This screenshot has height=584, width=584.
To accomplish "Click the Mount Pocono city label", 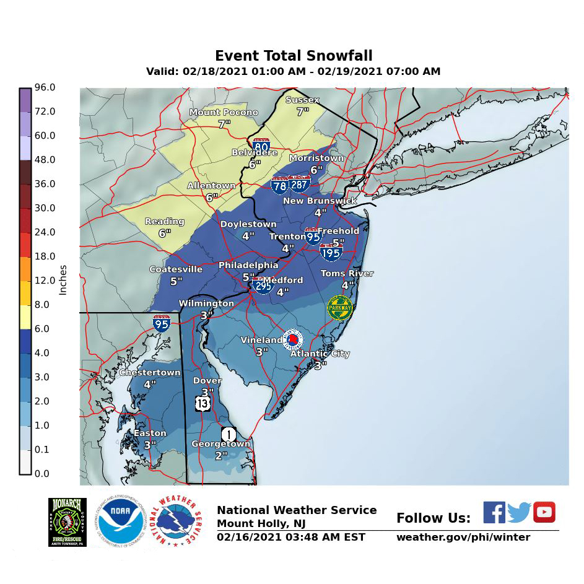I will (x=224, y=113).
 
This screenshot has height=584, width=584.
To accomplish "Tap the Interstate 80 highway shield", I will (x=261, y=147).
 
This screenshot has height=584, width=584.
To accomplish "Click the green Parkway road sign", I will (x=340, y=308).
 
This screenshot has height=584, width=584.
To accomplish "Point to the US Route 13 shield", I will (x=203, y=403).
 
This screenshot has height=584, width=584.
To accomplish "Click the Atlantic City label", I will (x=320, y=354).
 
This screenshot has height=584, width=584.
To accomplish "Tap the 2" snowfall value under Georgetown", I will (x=221, y=455).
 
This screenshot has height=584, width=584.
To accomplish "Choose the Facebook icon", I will (x=494, y=512).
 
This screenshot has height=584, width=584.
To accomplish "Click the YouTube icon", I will (x=544, y=512).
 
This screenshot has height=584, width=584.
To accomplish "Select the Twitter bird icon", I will (x=519, y=513).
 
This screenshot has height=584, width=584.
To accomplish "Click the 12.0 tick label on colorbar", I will (x=45, y=281).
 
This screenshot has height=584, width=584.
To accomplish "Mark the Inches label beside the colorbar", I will (x=63, y=281).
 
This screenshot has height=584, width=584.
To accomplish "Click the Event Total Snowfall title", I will (x=294, y=56).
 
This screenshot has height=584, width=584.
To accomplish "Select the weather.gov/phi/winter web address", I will (x=463, y=537).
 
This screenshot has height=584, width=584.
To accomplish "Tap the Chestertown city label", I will (x=150, y=373).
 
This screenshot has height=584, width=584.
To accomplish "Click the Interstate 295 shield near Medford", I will (x=263, y=285).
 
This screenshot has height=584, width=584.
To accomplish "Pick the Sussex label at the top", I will (x=302, y=100).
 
